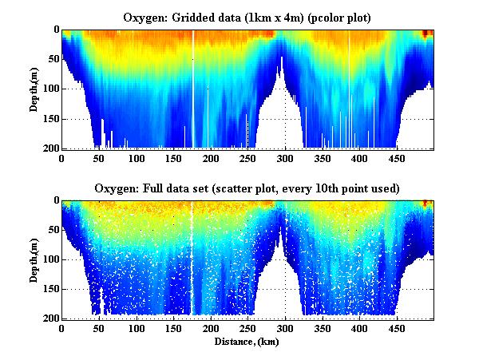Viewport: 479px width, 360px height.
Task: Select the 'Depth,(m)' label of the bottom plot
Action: [35, 259]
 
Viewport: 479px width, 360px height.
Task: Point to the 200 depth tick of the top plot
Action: [50, 148]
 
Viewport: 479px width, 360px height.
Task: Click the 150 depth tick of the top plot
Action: [50, 119]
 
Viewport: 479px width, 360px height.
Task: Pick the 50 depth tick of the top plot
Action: [53, 59]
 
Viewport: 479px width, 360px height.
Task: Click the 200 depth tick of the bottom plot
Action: [50, 318]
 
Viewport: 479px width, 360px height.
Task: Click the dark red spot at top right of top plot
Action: [426, 34]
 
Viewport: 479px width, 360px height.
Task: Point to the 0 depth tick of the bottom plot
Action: [55, 200]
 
